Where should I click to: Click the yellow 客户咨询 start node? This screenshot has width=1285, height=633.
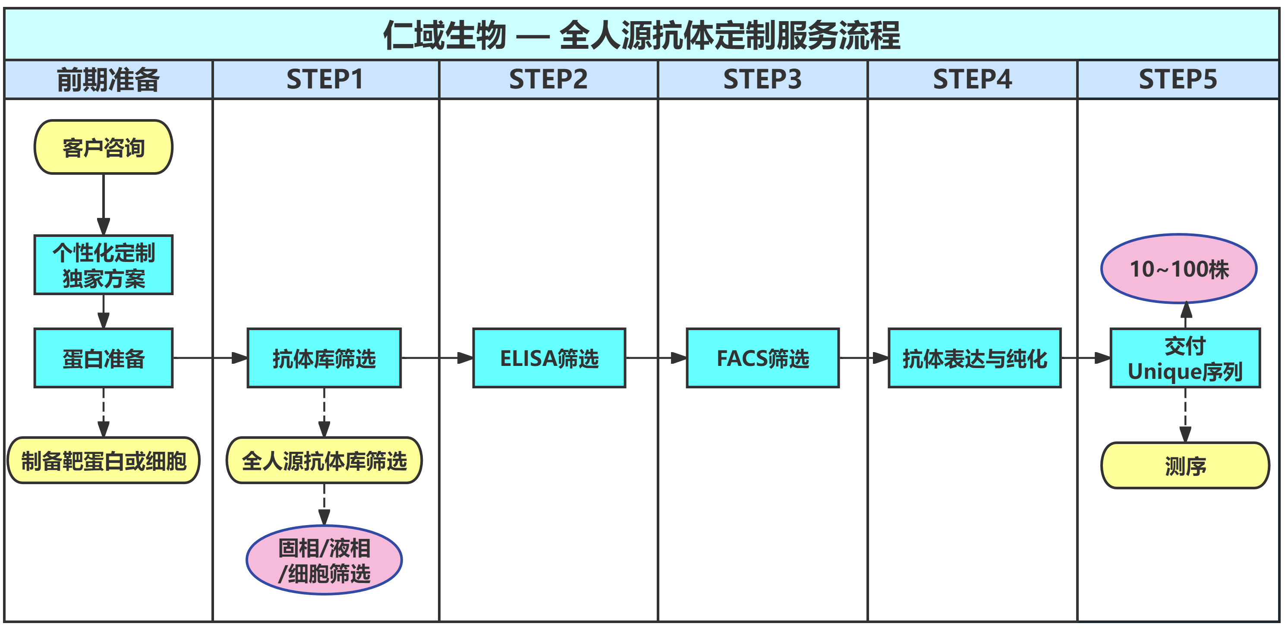(x=103, y=147)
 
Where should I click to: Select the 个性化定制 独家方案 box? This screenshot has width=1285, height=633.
(x=103, y=265)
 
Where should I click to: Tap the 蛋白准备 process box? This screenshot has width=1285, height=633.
(x=103, y=358)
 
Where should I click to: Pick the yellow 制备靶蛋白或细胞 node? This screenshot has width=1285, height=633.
(x=103, y=460)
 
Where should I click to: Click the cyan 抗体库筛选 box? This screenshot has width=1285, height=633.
(x=324, y=358)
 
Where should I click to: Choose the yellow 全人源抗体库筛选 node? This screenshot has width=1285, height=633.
(x=324, y=460)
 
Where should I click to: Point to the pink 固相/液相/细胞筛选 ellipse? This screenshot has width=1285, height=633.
(x=324, y=560)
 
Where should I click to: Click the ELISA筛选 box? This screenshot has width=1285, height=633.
(x=549, y=358)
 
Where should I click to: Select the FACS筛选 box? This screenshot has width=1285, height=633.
(x=763, y=358)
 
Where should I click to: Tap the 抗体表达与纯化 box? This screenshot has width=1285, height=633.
(x=974, y=358)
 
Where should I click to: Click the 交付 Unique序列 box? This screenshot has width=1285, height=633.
(x=1185, y=358)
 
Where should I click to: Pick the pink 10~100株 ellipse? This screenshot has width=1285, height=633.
(x=1179, y=269)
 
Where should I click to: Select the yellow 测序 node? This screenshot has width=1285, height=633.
(x=1185, y=466)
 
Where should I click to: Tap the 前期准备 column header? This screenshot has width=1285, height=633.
(x=108, y=79)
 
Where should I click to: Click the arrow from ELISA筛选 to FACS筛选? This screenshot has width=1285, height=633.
(x=656, y=358)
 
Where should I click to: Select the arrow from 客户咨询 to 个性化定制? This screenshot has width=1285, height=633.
(x=103, y=205)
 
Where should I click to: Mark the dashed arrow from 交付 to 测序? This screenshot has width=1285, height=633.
(x=1185, y=414)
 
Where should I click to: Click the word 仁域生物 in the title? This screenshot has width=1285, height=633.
(x=444, y=35)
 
